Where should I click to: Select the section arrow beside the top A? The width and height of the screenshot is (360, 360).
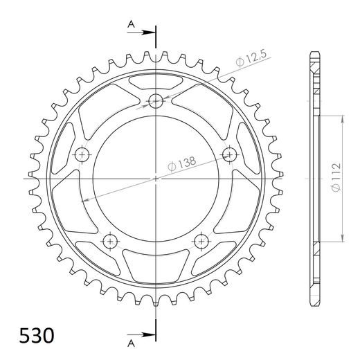(146, 31)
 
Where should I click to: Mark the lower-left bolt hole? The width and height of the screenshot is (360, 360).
(110, 240)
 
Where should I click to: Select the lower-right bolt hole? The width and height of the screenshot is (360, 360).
(201, 240)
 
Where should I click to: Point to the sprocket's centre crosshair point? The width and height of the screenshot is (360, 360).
(156, 178)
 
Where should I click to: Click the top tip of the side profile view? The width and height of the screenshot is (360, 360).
(315, 53)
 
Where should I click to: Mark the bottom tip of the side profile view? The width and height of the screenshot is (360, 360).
(315, 305)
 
